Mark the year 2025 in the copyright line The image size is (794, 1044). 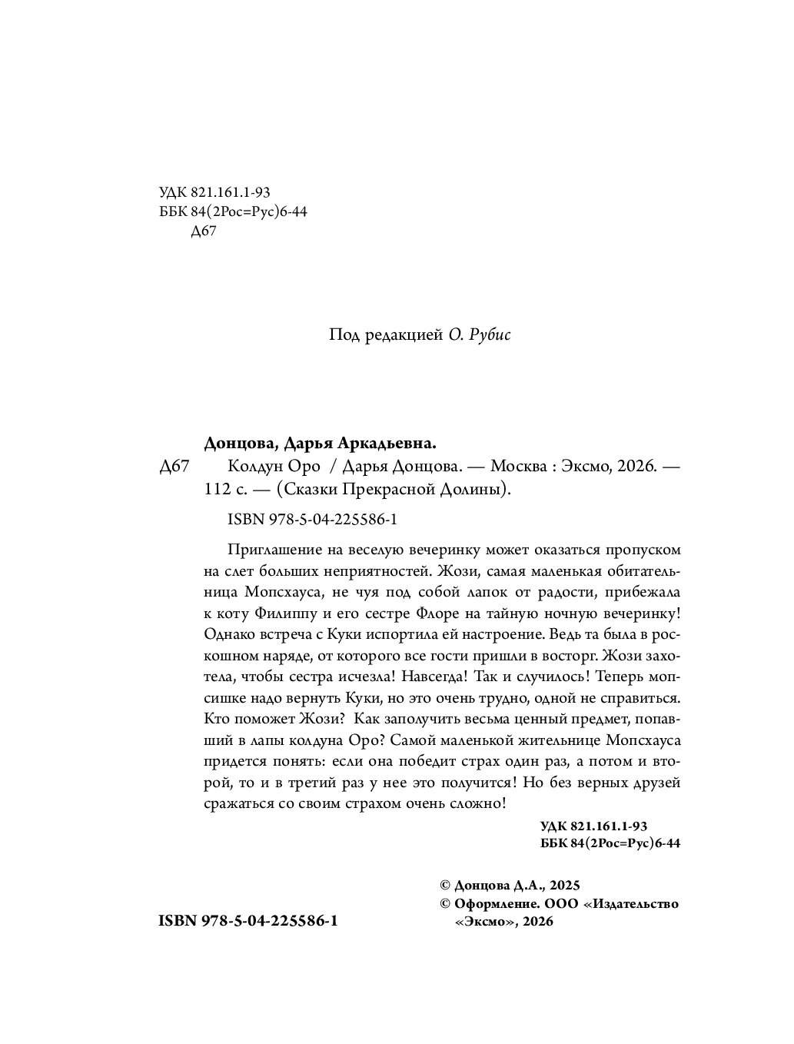click(x=564, y=885)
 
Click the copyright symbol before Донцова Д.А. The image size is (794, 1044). click(x=442, y=885)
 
